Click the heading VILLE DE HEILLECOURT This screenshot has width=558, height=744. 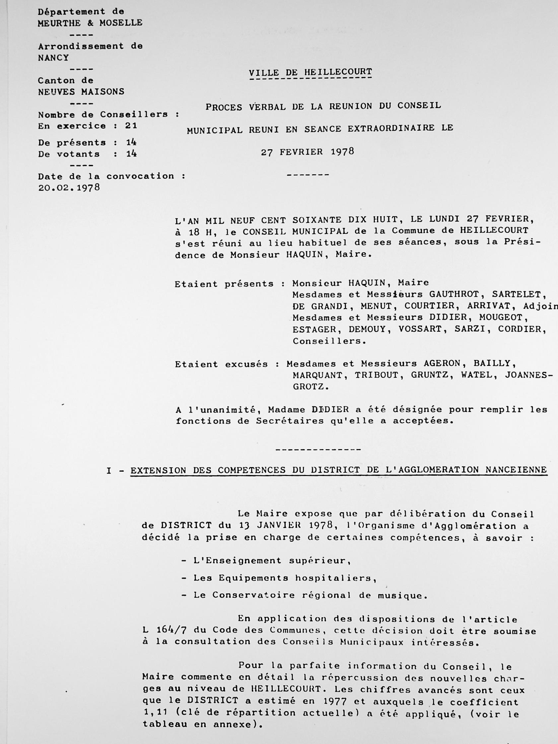(310, 72)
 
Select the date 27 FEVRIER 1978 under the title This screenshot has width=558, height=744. (308, 152)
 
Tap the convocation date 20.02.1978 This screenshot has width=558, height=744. (69, 188)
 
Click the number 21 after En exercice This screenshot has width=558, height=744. (131, 126)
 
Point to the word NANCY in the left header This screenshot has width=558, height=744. (53, 58)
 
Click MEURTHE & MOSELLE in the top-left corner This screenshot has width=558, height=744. (90, 23)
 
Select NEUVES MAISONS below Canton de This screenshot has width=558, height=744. (81, 92)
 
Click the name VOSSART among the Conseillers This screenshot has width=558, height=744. (421, 329)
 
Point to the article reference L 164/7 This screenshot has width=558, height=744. (165, 630)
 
